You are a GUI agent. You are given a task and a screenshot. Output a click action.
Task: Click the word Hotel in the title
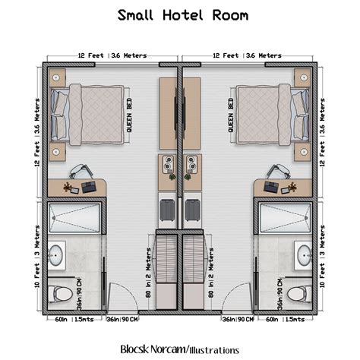(x=181, y=15)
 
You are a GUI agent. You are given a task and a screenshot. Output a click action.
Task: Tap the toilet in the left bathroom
(x=60, y=293)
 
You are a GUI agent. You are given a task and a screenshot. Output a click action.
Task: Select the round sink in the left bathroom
(x=56, y=255)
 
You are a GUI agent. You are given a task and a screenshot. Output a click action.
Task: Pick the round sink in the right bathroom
(x=304, y=255)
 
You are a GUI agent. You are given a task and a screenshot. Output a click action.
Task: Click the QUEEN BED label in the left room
(x=130, y=115)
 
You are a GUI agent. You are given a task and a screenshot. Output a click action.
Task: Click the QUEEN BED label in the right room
(x=231, y=115)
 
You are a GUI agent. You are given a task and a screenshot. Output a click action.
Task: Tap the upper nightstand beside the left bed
(x=58, y=77)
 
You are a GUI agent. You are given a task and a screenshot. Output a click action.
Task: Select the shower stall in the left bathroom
(x=74, y=218)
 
